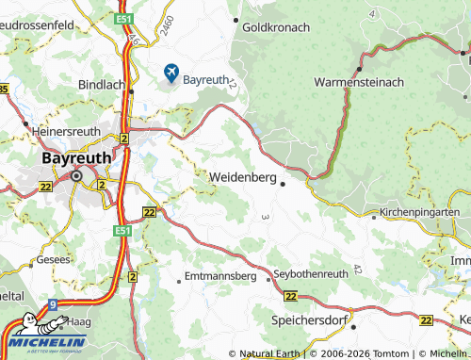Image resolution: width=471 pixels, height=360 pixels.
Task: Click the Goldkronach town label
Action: click(276, 27)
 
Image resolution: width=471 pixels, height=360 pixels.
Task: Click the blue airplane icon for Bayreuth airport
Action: click(171, 73)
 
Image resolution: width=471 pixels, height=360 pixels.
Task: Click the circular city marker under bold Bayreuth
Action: click(77, 175)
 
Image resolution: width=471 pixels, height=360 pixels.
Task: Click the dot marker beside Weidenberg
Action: click(283, 184)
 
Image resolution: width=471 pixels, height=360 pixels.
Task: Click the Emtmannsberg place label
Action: click(220, 277)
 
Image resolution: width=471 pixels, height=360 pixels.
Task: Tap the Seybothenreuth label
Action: click(311, 273)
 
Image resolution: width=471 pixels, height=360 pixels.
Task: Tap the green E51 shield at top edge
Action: click(124, 18)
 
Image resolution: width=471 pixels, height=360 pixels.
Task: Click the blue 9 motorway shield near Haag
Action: click(54, 304)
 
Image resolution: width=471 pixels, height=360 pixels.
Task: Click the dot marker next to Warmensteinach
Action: click(360, 68)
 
